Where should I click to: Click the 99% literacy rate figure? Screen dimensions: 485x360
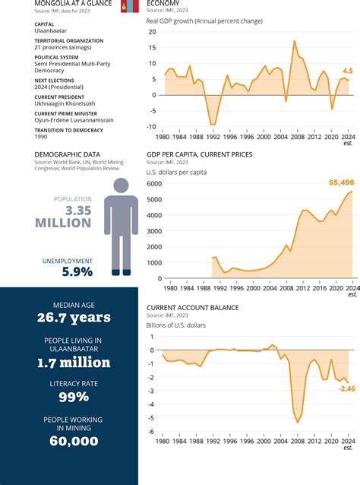coord(69,397)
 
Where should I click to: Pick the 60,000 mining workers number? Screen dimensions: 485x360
coord(70,441)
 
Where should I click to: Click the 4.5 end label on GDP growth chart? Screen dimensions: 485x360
coord(348,70)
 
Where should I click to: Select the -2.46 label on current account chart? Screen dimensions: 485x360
coord(346,389)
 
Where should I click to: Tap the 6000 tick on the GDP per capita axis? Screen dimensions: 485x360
coord(153,184)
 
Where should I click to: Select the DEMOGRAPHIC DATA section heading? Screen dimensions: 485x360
coord(67,154)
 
